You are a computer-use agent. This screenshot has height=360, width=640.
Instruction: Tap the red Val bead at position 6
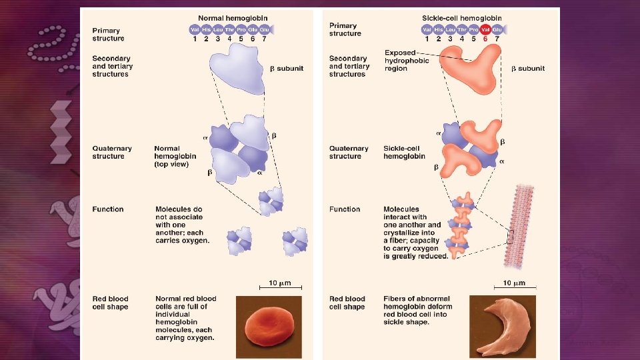coord(485,29)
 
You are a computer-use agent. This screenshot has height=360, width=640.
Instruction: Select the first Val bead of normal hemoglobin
coord(195,29)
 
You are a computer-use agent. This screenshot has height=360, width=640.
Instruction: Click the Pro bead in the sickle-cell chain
coord(473,29)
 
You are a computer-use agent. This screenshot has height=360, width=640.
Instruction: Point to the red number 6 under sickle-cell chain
coord(485,39)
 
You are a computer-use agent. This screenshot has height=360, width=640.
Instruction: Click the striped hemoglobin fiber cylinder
coord(524,223)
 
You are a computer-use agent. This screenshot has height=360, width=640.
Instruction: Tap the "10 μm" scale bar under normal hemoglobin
coord(279,283)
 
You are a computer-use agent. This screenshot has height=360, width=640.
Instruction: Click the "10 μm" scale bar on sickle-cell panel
coord(513,283)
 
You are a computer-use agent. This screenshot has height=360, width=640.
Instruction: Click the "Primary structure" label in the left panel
coord(107,34)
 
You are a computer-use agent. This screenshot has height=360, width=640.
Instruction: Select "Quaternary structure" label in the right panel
coord(345,152)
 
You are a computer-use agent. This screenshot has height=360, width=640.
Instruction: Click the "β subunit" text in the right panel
coord(528,68)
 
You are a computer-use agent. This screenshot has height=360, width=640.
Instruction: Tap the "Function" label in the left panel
coord(108,209)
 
